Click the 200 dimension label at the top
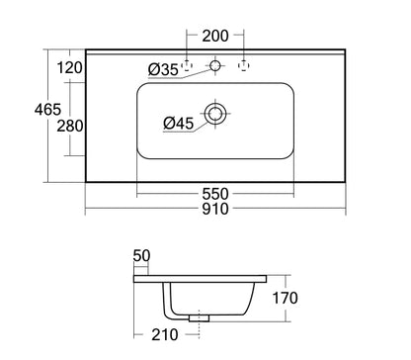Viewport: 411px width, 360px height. click(x=215, y=36)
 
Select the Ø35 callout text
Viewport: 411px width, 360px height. click(x=163, y=69)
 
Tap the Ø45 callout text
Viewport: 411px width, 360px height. click(x=179, y=124)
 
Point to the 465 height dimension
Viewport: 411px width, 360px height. click(x=47, y=109)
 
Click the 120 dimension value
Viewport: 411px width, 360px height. click(x=70, y=68)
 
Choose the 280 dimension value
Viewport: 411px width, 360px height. click(x=70, y=126)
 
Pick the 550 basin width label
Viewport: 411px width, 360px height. click(x=215, y=194)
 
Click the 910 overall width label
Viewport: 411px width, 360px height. click(x=215, y=209)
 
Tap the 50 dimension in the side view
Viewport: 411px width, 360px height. click(x=141, y=255)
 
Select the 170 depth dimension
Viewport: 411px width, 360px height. click(x=286, y=298)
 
